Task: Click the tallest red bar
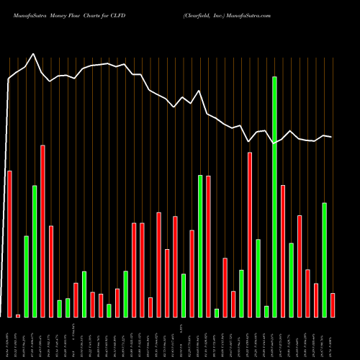click(42, 231)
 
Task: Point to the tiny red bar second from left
click(18, 315)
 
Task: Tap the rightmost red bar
click(333, 305)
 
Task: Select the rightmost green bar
click(325, 260)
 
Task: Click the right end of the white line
click(331, 137)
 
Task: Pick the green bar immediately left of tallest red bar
click(35, 251)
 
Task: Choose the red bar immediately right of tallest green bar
click(283, 251)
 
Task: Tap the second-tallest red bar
click(250, 235)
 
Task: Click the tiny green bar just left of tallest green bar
click(266, 311)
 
